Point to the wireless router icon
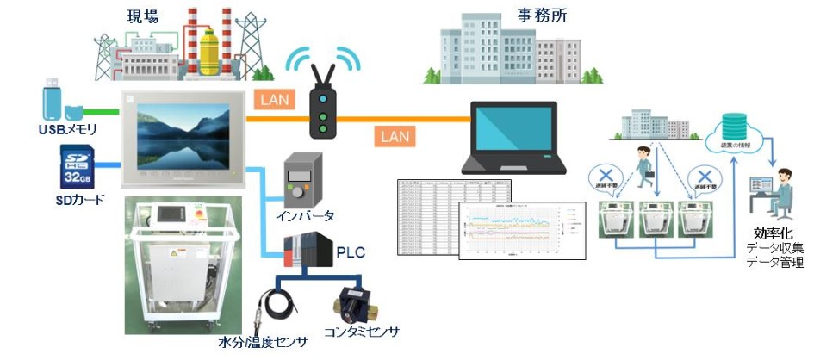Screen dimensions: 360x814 pos(322,103)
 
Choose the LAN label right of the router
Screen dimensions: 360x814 pos(395,135)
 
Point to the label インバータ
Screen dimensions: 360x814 pos(306,215)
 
